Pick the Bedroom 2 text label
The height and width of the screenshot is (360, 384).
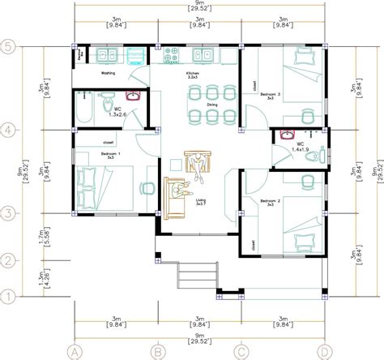[271, 199]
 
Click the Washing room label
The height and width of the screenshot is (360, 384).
[108, 72]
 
